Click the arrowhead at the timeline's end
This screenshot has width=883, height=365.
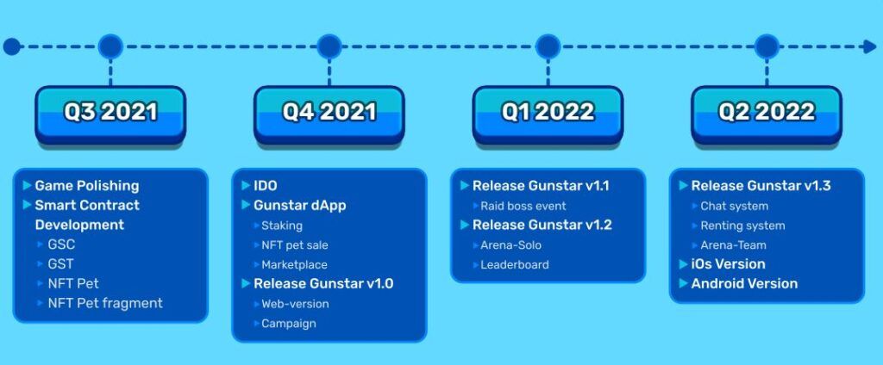pos(870,46)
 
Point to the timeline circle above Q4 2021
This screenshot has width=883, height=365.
pos(329,46)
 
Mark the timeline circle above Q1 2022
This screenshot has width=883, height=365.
pos(548,46)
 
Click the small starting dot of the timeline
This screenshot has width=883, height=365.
pos(11,46)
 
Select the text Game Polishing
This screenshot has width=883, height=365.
pos(87,186)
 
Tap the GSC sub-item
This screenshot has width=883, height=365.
pos(61,244)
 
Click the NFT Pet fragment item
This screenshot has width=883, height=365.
pos(105,303)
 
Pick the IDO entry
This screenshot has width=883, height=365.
pos(266,186)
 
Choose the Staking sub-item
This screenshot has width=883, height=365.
pos(282,226)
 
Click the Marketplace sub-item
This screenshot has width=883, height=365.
pos(294,264)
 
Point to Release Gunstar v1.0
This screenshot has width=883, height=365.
pos(323,283)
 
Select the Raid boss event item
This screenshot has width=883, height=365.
pos(523,206)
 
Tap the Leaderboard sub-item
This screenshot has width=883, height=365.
pos(514,264)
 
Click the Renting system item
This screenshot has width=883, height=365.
pos(742,226)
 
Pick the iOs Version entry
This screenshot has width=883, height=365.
pos(728,264)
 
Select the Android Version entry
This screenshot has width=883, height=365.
pos(744,283)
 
